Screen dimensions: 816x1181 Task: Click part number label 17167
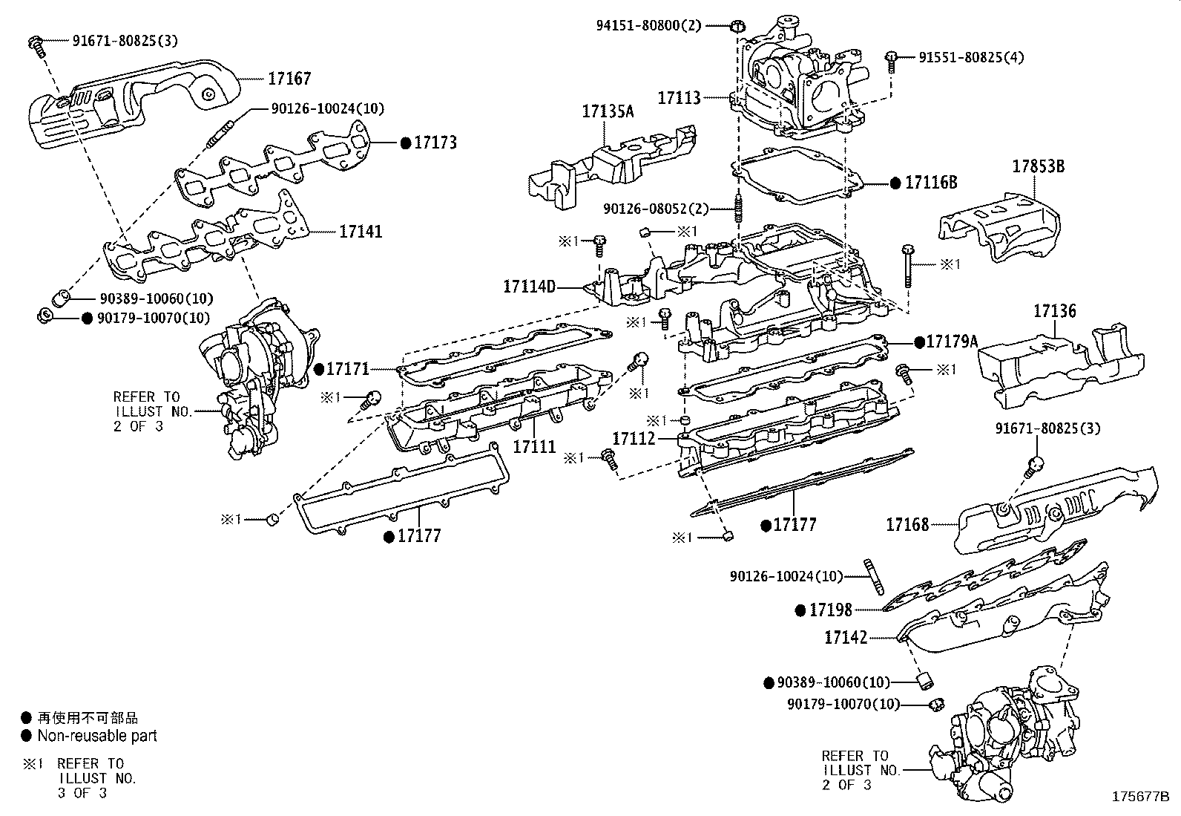point(289,79)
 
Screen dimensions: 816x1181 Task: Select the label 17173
point(435,143)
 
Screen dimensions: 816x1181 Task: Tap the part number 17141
point(361,232)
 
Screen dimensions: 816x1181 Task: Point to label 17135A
point(608,111)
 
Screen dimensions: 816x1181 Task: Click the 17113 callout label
point(679,97)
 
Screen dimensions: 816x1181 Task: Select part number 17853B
point(1038,167)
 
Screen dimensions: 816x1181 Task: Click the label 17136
point(1054,312)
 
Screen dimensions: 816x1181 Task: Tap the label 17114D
point(529,286)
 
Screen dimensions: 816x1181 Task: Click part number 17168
point(907,525)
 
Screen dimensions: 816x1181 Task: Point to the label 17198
point(830,610)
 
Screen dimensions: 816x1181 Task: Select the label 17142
point(846,637)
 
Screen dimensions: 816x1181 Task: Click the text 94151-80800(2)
point(648,25)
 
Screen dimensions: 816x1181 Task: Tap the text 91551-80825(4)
point(971,57)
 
